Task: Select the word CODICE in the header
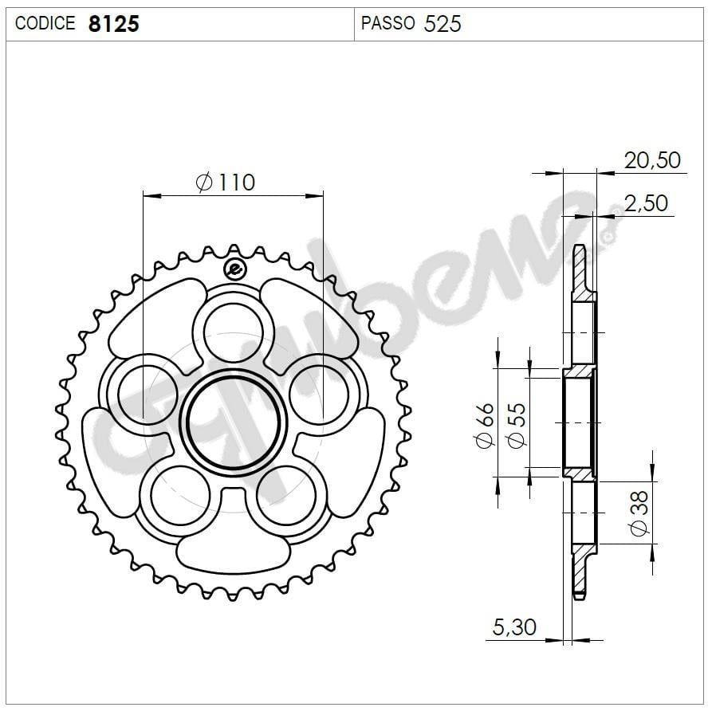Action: [x=46, y=24]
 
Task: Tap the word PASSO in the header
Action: [x=387, y=23]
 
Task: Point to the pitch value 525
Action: [x=443, y=24]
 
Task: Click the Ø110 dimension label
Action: [x=226, y=183]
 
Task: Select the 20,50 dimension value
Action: [x=653, y=160]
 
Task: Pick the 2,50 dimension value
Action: [x=646, y=203]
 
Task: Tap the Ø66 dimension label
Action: [x=485, y=426]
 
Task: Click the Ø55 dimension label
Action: [x=516, y=426]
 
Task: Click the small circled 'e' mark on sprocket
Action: [x=234, y=269]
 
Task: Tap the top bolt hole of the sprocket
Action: [x=233, y=333]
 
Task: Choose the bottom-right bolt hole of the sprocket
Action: [x=286, y=495]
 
